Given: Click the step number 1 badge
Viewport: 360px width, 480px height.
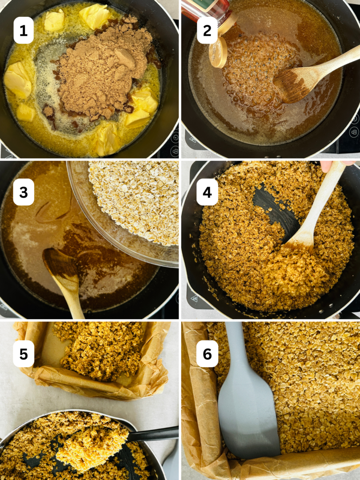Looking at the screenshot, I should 24,30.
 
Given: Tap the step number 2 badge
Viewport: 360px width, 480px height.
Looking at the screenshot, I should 207,30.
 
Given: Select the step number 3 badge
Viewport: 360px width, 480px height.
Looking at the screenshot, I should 24,192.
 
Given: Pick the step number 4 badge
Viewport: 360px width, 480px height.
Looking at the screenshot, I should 207,192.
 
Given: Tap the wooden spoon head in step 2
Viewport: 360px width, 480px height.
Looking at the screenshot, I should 293,84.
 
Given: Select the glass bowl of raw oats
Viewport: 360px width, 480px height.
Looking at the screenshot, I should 133,204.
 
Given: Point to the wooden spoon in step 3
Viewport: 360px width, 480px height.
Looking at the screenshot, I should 64,271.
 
